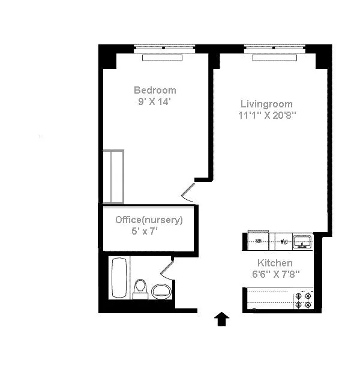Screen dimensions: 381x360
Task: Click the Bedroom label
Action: click(155, 91)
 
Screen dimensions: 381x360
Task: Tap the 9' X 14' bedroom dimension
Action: click(155, 101)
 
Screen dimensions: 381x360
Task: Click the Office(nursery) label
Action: click(149, 220)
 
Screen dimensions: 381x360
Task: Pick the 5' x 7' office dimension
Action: click(145, 231)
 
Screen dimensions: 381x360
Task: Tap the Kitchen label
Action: click(275, 263)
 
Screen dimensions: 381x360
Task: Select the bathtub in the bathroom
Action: click(119, 278)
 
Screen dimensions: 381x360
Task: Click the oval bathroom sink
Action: click(161, 292)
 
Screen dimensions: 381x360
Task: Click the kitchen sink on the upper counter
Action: click(301, 241)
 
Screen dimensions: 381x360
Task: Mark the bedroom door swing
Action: click(188, 190)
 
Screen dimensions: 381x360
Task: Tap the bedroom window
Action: click(164, 47)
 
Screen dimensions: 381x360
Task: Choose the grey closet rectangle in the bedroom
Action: click(113, 177)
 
